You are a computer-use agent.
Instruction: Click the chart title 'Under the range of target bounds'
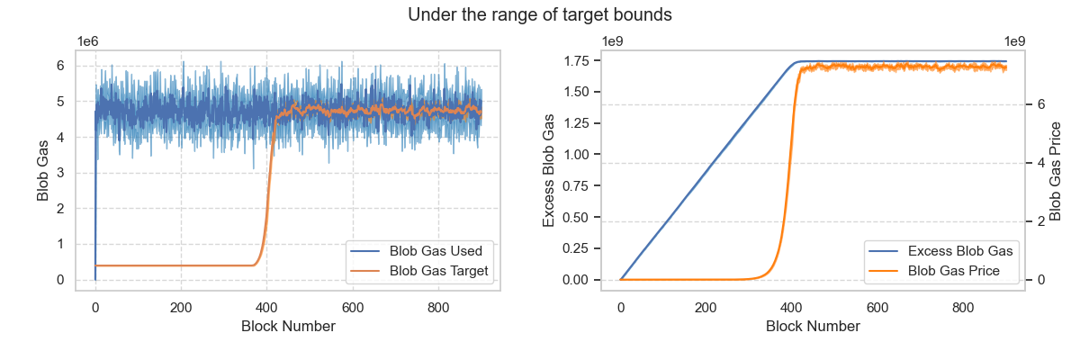pos(539,14)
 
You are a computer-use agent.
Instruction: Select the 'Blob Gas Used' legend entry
pos(417,251)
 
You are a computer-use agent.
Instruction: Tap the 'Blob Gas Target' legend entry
pos(419,271)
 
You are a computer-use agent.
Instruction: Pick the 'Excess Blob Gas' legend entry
pos(940,251)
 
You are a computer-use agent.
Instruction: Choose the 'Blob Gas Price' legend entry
pos(934,271)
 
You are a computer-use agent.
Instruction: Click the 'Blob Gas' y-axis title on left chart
pos(42,171)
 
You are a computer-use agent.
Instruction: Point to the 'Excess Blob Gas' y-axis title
pos(548,171)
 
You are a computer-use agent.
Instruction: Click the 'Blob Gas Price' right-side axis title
pos(1055,171)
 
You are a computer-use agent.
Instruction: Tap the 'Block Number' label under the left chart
pos(288,327)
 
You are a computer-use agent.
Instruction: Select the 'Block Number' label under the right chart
pos(813,327)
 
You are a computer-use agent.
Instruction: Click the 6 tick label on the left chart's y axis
pos(60,66)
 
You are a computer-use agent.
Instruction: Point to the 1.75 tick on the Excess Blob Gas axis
pos(577,60)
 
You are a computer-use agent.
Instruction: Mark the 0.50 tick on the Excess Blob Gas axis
pos(577,217)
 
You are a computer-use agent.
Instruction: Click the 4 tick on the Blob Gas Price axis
pos(1041,163)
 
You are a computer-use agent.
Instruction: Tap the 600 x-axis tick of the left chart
pos(353,308)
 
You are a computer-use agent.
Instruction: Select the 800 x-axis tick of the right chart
pos(963,308)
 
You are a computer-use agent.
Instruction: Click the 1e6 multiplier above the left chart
pos(88,42)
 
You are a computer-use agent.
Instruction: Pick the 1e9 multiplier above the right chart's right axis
pos(1014,42)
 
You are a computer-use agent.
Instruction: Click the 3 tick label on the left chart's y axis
pos(60,173)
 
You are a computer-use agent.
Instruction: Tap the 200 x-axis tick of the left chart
pos(181,308)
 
